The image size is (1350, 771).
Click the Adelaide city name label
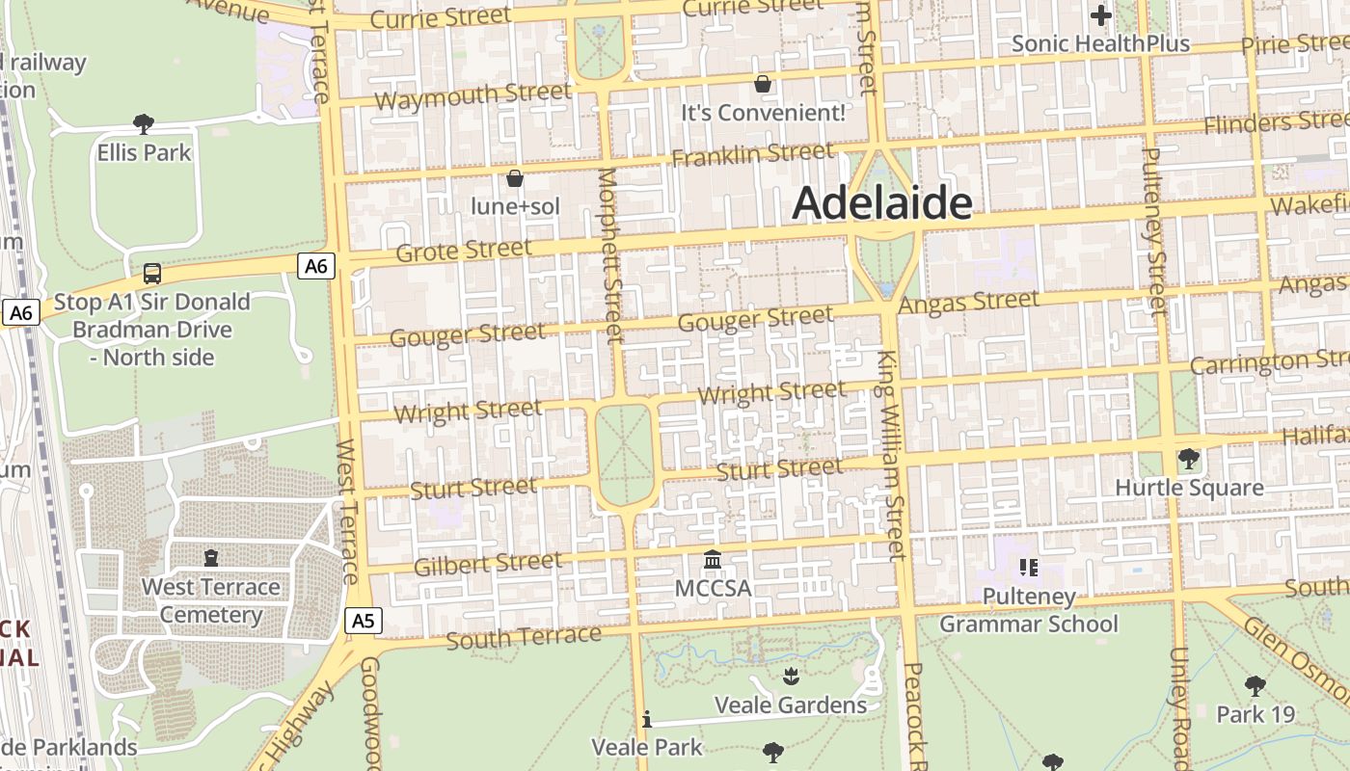881,203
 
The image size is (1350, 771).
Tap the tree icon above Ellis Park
144,123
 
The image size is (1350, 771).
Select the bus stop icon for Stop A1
152,274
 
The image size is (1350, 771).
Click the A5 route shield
362,621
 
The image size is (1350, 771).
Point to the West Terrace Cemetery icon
211,558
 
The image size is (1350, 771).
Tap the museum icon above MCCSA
713,560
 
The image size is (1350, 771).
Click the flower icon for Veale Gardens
791,676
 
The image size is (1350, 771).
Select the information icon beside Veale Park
647,719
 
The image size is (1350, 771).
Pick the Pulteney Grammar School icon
1028,568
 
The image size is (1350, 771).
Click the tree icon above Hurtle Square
1189,459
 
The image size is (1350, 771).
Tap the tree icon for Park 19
1255,686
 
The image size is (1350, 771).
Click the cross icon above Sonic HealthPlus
1100,15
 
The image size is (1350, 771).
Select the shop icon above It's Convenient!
763,84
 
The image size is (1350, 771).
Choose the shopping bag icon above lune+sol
515,178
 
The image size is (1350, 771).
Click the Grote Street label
464,251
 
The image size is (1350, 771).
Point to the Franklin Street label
752,154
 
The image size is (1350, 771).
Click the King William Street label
891,455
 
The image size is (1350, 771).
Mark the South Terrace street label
523,637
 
